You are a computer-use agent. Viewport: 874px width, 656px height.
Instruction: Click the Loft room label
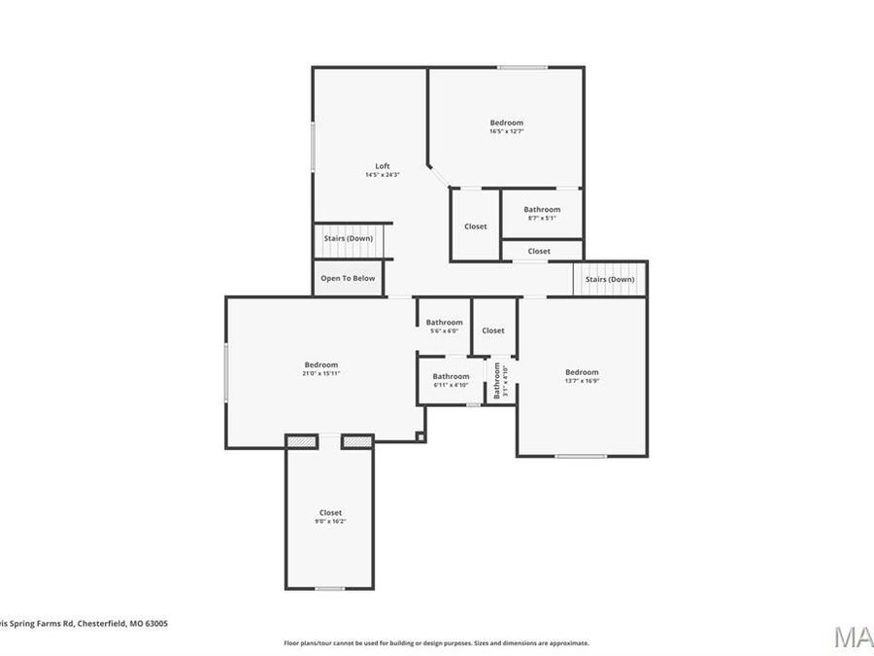point(383,166)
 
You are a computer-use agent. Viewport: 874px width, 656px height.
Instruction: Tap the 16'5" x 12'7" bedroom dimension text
point(506,131)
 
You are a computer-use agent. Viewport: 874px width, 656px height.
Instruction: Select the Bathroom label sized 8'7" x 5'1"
point(542,210)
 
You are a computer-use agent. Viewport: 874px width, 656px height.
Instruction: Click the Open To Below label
point(348,278)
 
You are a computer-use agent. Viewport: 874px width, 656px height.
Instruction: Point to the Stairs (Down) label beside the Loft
point(348,238)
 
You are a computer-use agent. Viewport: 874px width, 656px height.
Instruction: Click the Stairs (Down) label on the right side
point(610,279)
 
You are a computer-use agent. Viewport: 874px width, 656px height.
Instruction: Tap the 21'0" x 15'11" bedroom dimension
point(321,373)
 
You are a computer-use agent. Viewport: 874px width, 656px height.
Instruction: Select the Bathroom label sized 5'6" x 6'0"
point(445,323)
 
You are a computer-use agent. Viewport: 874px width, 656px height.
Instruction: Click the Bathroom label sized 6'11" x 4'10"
point(451,377)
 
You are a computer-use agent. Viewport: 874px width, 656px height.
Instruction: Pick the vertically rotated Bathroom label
point(497,381)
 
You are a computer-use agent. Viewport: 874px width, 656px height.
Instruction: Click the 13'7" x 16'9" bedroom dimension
point(582,381)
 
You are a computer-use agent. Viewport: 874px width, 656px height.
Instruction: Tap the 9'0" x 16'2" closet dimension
point(330,522)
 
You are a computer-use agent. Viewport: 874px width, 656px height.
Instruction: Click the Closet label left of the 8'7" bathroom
point(476,226)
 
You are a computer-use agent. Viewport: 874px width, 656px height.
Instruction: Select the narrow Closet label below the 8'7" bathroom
point(539,251)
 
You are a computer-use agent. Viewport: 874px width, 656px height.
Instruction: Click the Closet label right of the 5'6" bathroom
point(493,330)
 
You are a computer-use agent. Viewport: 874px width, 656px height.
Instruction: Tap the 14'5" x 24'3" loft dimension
point(383,175)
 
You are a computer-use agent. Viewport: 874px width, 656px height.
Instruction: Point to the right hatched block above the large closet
point(356,441)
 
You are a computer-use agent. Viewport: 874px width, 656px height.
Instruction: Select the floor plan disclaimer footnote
point(436,642)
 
